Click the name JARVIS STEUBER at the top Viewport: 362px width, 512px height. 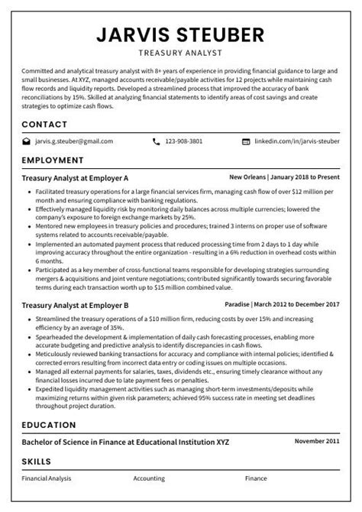181,34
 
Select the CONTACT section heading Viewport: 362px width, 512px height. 44,124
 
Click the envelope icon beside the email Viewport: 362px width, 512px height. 26,141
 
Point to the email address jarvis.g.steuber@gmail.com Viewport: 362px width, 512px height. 73,141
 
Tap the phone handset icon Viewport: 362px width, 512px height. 157,141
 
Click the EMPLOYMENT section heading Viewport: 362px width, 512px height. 52,160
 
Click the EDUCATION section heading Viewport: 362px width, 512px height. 48,424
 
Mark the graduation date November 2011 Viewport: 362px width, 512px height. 317,442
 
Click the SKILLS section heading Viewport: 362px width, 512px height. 37,462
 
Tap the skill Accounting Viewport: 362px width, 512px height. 149,479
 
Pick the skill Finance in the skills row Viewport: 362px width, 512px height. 256,479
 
